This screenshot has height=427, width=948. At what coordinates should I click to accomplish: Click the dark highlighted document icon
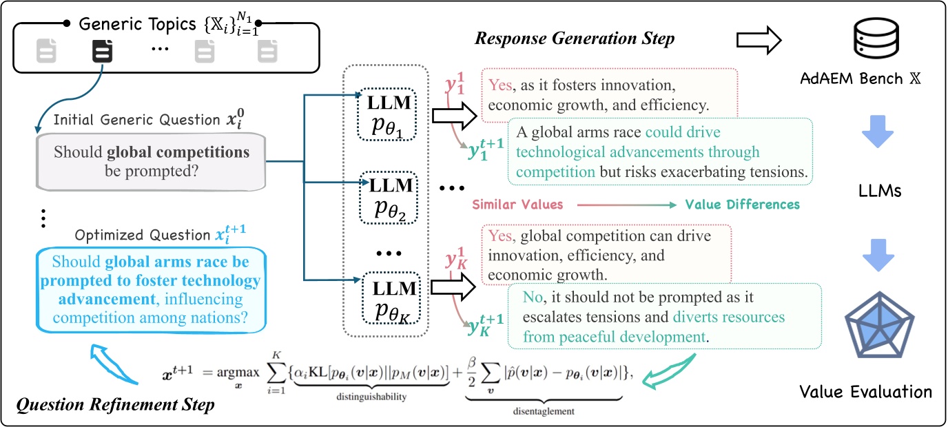pyautogui.click(x=101, y=51)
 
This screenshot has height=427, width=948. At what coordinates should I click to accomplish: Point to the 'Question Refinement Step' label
pyautogui.click(x=114, y=404)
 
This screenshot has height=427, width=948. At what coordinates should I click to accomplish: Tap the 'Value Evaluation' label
pyautogui.click(x=865, y=392)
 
